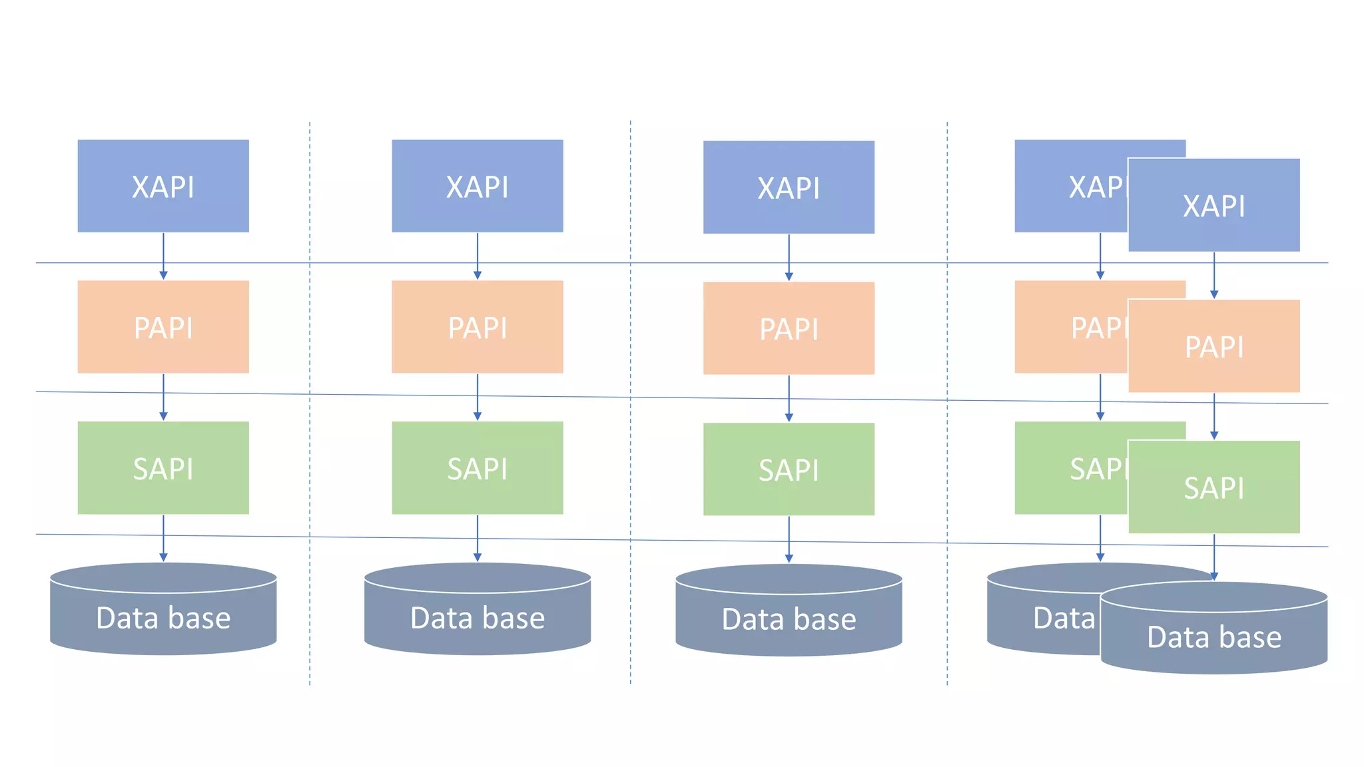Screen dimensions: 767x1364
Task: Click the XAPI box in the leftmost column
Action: tap(163, 186)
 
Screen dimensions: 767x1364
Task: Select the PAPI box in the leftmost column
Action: tap(163, 327)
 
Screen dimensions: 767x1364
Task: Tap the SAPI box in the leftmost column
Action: tap(163, 468)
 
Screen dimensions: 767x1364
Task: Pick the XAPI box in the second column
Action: tap(478, 186)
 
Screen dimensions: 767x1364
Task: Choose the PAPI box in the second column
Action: tap(478, 327)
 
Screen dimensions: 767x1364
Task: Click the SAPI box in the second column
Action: tap(478, 468)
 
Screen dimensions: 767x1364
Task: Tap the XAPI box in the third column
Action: tap(789, 187)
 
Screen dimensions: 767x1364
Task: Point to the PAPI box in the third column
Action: tap(789, 328)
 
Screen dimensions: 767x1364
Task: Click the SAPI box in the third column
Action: tap(789, 469)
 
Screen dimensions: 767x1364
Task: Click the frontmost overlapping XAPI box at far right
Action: tap(1214, 205)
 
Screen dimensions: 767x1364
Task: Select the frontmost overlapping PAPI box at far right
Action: tap(1214, 346)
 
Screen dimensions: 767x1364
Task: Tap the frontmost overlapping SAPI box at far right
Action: tap(1214, 487)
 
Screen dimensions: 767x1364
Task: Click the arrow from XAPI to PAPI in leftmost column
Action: tap(163, 256)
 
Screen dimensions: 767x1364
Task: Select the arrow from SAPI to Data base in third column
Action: tap(789, 539)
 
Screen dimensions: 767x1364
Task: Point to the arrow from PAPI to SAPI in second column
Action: tap(478, 397)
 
